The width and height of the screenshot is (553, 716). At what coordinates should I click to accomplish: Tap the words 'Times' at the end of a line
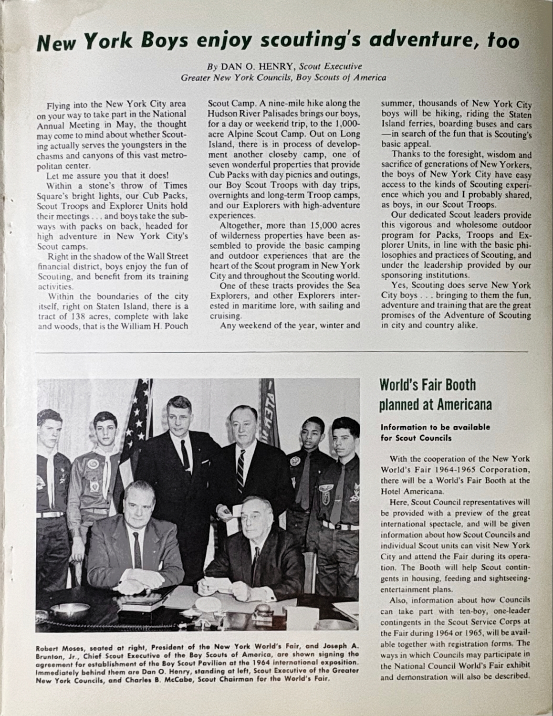point(176,185)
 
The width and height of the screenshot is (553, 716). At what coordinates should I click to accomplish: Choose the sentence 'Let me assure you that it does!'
point(106,175)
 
